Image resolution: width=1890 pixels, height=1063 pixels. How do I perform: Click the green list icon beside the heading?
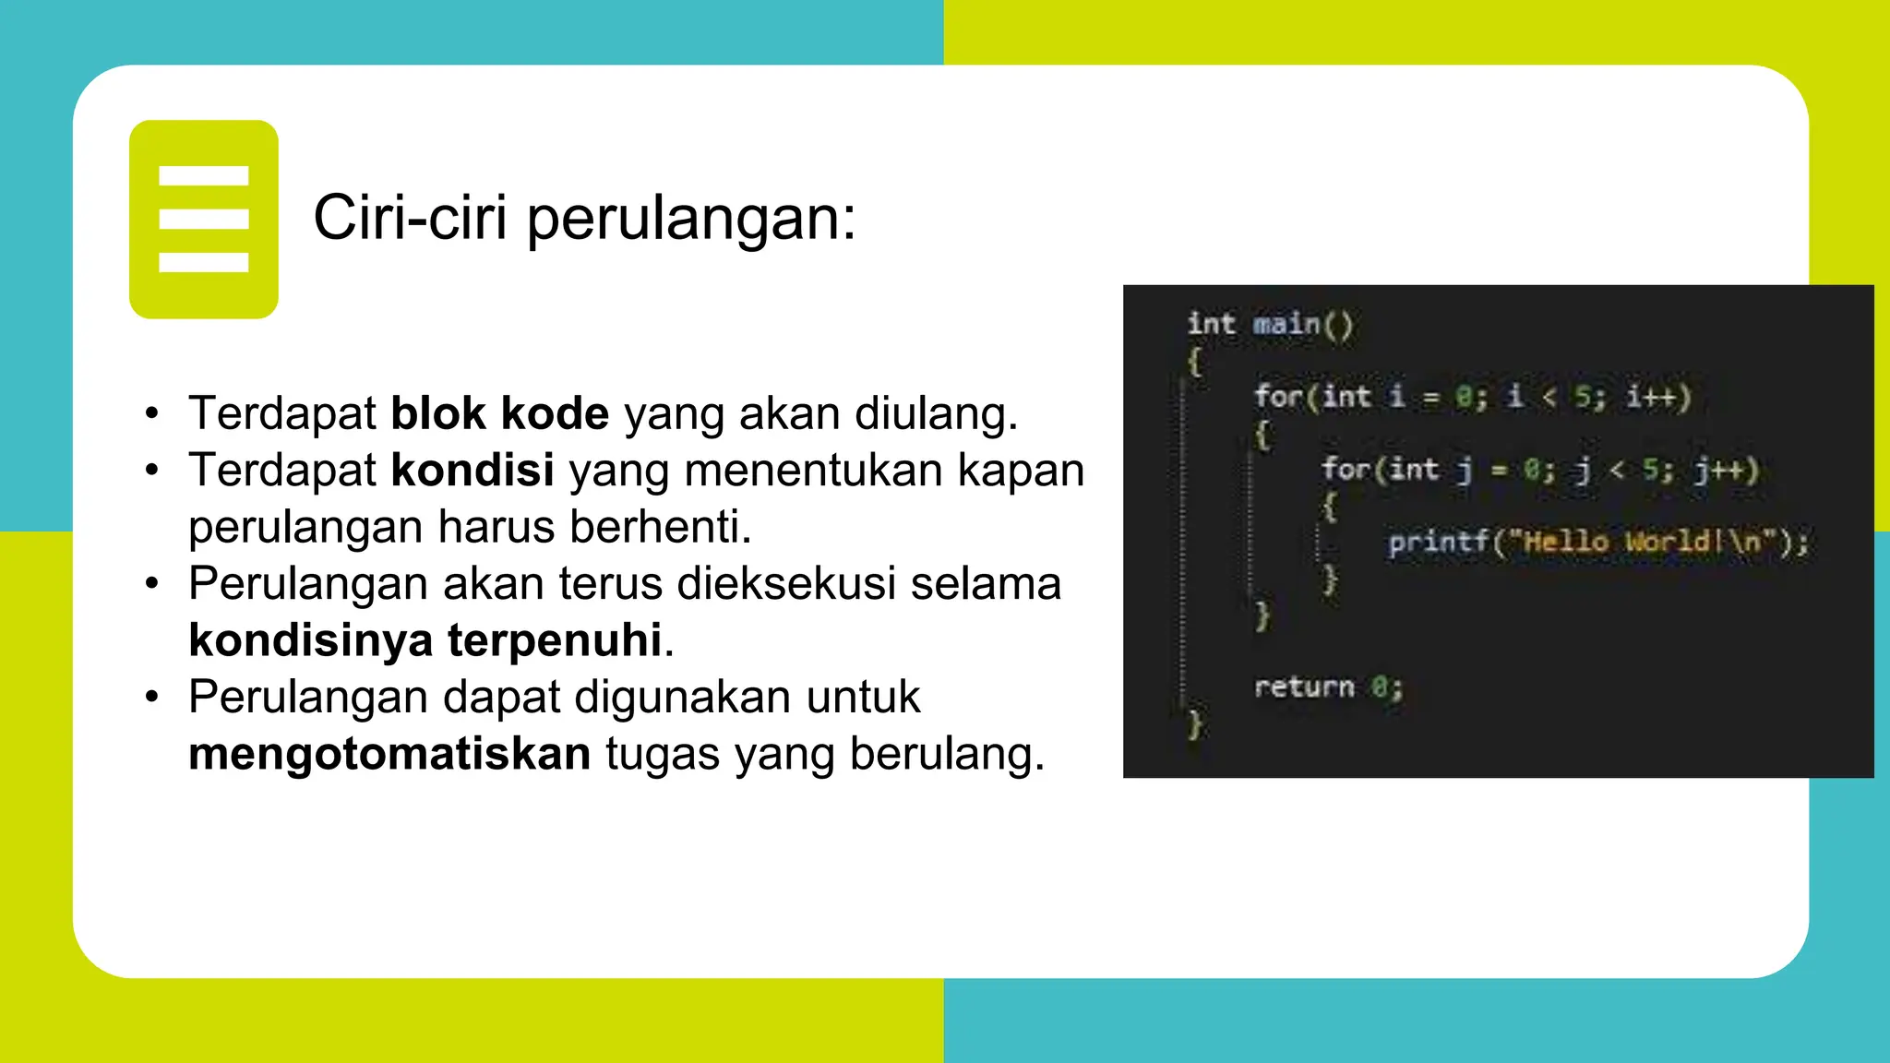click(x=204, y=219)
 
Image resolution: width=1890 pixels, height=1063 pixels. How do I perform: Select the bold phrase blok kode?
click(x=499, y=413)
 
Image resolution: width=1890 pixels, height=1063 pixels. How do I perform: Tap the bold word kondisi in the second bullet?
click(x=472, y=470)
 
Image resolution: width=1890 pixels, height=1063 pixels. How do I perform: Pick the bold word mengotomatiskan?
click(x=389, y=753)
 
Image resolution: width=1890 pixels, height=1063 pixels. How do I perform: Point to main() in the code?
click(x=1302, y=325)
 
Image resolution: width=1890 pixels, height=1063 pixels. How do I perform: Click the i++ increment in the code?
click(x=1657, y=397)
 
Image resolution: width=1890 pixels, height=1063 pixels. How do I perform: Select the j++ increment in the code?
click(x=1726, y=470)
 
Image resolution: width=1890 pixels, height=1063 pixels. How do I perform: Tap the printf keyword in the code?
click(x=1438, y=542)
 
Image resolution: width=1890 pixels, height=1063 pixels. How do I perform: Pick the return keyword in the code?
click(x=1303, y=687)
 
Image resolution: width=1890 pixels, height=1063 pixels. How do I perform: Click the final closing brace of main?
click(x=1195, y=723)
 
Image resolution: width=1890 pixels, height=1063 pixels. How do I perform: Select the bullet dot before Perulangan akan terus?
click(x=152, y=584)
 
